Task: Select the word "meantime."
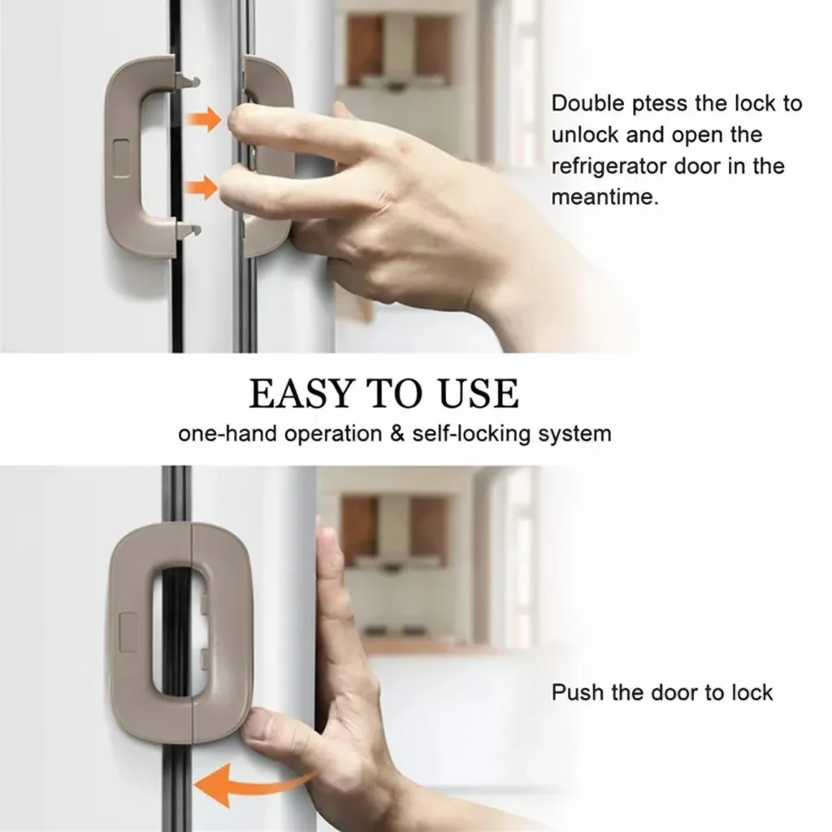[604, 197]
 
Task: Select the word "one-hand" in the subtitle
[227, 434]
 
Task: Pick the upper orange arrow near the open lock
[203, 119]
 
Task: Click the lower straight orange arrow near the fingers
[201, 188]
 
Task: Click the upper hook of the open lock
[187, 80]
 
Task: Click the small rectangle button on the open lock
[121, 158]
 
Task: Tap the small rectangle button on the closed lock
[129, 632]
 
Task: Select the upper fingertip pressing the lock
[241, 120]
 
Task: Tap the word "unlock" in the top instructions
[585, 135]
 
